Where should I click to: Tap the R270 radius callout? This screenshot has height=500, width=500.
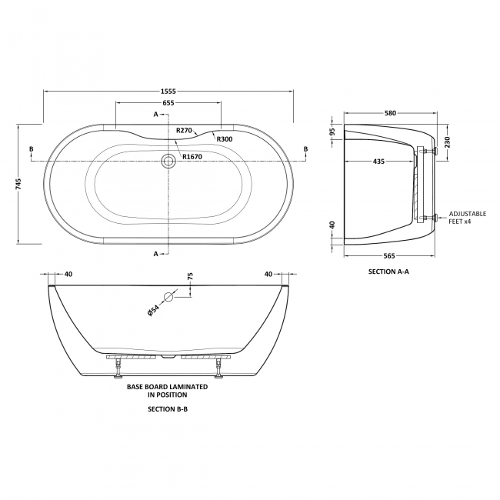pos(184,131)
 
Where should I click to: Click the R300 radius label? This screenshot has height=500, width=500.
pos(224,138)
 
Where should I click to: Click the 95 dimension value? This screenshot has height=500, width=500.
pos(332,132)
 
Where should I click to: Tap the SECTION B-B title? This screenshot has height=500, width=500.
pos(167,409)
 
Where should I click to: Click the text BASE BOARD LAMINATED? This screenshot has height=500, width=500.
pos(167,388)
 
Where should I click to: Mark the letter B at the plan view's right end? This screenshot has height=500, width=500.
pos(305,148)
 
